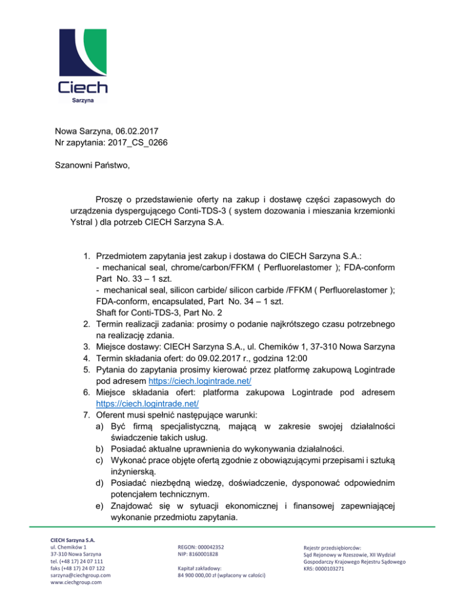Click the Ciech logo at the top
82,63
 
